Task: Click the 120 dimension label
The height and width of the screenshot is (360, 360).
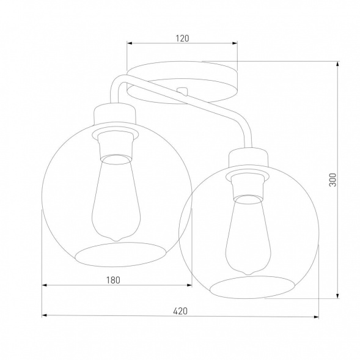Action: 182,38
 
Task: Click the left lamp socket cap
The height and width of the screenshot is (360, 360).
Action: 114,114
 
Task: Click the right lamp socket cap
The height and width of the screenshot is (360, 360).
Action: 248,158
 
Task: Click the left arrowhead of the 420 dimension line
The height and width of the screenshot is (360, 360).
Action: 44,316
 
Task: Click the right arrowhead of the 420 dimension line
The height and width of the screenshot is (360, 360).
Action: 317,316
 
